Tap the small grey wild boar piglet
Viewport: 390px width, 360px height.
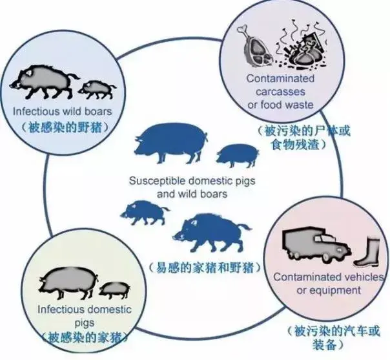[x=97, y=90]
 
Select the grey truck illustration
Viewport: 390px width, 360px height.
[x=316, y=246]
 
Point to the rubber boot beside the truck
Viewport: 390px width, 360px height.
[x=367, y=252]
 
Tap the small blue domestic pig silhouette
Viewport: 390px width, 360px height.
[x=238, y=155]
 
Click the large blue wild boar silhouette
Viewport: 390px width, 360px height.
[x=212, y=232]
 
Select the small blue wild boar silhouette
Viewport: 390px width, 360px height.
[x=144, y=212]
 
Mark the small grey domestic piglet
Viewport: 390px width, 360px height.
[x=114, y=290]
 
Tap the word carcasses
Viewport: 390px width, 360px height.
[x=280, y=92]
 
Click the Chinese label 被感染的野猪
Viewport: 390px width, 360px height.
[x=65, y=128]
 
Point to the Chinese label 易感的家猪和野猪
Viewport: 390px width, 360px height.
[x=205, y=268]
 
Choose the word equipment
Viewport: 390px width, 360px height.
[x=336, y=291]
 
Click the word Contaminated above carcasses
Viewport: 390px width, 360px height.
[x=280, y=79]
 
